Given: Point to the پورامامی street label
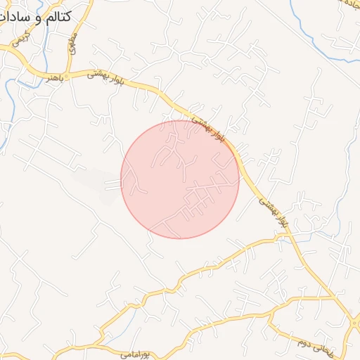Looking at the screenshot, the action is (x=136, y=352).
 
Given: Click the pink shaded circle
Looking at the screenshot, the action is (x=180, y=179).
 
